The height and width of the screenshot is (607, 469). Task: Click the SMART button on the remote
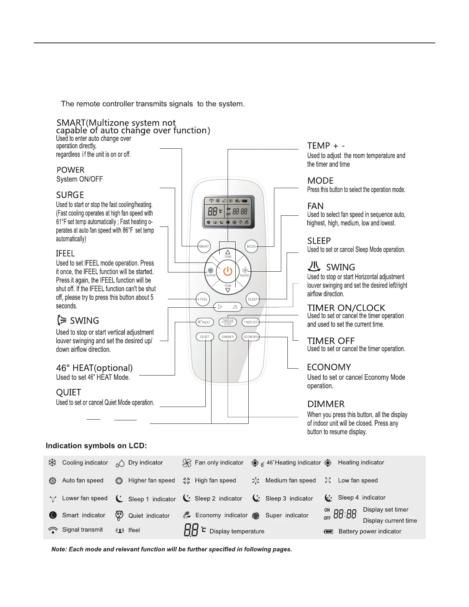tap(204, 246)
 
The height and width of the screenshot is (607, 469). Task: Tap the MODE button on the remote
tap(251, 246)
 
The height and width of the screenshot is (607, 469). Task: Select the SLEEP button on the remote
tap(253, 299)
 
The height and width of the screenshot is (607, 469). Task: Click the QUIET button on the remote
tap(205, 337)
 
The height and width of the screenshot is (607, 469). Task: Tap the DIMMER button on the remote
tap(228, 337)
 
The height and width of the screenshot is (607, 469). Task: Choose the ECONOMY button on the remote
tap(251, 337)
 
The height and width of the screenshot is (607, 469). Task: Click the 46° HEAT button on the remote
tap(203, 322)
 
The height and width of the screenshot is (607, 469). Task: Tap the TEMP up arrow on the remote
tap(228, 253)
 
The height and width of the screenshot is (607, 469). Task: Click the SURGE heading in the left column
tap(70, 195)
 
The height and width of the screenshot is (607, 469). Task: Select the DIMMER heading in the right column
tap(326, 404)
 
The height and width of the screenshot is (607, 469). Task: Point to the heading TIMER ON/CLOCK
tap(346, 308)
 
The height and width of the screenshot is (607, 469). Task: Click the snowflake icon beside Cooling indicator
tap(52, 463)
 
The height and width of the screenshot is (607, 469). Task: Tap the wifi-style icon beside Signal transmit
tap(53, 530)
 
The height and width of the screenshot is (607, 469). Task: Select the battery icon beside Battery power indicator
tap(328, 532)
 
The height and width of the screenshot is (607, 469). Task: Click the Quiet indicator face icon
tap(119, 515)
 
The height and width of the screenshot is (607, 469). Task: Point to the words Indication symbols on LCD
tap(96, 446)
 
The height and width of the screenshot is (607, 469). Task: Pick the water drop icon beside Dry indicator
tap(120, 463)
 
